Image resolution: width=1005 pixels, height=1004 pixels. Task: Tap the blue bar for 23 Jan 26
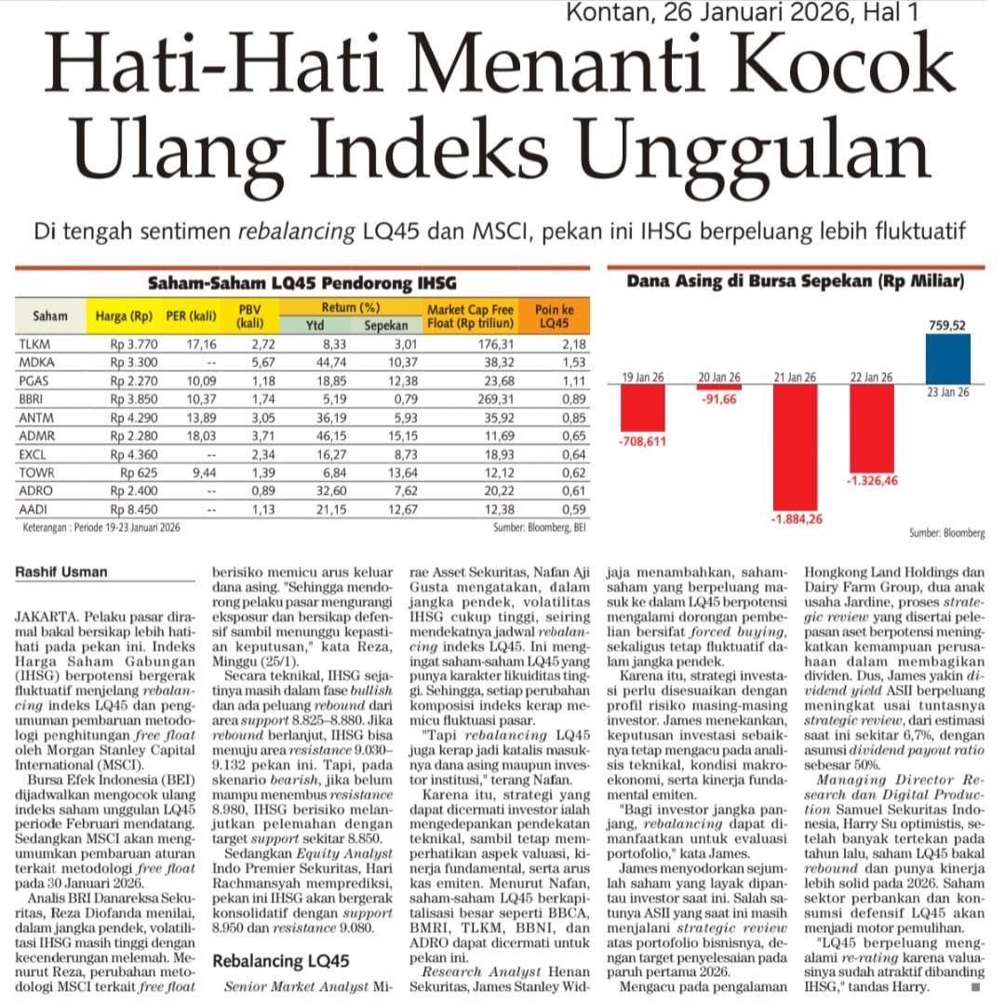[x=948, y=358]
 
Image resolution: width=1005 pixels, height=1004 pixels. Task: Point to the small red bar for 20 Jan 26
[x=720, y=386]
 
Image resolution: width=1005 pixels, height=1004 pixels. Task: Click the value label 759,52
[x=947, y=325]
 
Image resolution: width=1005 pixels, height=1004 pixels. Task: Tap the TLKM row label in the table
[x=34, y=345]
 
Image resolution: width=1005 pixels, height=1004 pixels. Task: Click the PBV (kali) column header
[x=248, y=316]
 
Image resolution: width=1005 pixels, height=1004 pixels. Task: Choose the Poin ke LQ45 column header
[x=554, y=316]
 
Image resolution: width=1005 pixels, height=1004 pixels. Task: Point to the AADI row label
[x=34, y=508]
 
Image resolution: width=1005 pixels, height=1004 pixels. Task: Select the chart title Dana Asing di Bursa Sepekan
[x=794, y=280]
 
